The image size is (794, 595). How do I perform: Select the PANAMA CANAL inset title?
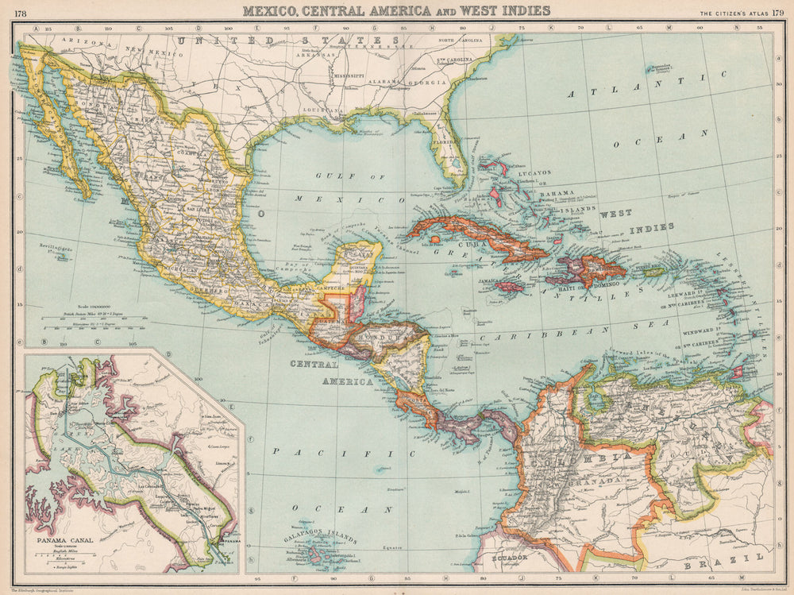coord(64,543)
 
